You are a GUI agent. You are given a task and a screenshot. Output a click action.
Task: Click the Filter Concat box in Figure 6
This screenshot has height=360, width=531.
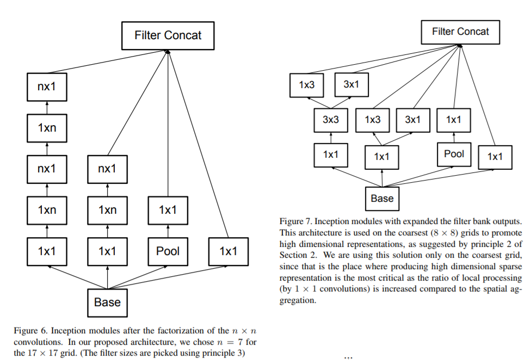(x=168, y=36)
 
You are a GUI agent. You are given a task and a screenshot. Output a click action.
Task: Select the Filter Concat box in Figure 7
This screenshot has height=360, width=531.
(x=460, y=32)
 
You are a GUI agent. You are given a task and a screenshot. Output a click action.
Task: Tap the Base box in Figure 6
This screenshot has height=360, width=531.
(x=107, y=302)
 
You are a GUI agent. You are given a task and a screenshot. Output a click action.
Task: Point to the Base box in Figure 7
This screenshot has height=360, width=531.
(x=382, y=198)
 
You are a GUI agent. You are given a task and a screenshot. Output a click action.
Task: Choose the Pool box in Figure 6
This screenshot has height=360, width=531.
(x=168, y=251)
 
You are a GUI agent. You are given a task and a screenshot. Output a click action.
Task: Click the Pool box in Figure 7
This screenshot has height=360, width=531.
(x=454, y=154)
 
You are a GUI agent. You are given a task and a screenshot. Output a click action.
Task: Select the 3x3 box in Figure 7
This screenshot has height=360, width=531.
(x=331, y=120)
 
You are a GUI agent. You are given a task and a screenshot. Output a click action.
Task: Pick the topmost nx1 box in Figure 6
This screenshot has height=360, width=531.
(x=47, y=86)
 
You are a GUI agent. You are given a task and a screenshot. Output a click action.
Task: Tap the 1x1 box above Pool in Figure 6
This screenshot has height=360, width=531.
(x=168, y=210)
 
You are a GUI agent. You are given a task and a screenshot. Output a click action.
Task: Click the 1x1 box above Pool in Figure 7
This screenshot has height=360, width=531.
(x=454, y=120)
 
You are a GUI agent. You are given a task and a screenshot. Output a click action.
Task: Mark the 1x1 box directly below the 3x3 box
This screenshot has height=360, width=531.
(x=331, y=154)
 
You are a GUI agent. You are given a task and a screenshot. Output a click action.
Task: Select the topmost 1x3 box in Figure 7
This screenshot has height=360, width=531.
(x=307, y=85)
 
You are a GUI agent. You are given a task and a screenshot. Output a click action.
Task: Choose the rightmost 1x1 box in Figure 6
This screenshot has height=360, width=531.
(x=228, y=251)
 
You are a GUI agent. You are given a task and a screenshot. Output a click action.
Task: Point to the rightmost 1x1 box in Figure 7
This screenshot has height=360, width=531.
(x=495, y=157)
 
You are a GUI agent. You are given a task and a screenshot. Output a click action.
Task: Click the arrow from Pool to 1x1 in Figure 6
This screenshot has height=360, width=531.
(x=168, y=231)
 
